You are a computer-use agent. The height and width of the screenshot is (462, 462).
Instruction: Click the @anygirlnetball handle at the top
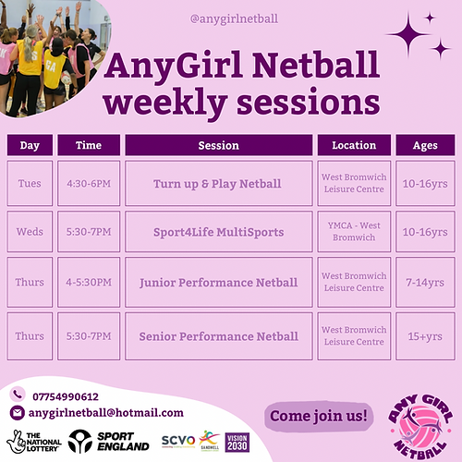(x=235, y=18)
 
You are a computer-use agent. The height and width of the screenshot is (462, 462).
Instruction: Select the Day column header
(x=30, y=145)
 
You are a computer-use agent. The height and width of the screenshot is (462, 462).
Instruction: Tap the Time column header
(x=89, y=145)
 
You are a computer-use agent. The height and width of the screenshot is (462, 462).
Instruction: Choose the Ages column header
(x=425, y=145)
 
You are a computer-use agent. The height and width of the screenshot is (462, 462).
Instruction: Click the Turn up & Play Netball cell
(x=218, y=183)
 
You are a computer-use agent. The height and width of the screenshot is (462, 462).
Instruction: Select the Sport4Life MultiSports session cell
(x=218, y=232)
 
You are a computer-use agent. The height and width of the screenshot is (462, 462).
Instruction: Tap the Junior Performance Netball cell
(x=218, y=282)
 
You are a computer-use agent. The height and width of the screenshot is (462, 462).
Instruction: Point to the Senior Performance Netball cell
(x=218, y=335)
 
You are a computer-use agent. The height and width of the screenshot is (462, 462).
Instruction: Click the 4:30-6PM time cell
(x=89, y=183)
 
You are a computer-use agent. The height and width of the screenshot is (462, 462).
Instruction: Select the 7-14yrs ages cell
(x=425, y=282)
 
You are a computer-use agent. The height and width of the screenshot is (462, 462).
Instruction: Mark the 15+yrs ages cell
(x=425, y=335)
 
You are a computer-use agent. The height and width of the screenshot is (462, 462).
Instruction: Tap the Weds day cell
(x=30, y=232)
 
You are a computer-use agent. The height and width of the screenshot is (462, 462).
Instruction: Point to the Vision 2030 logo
(x=237, y=442)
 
